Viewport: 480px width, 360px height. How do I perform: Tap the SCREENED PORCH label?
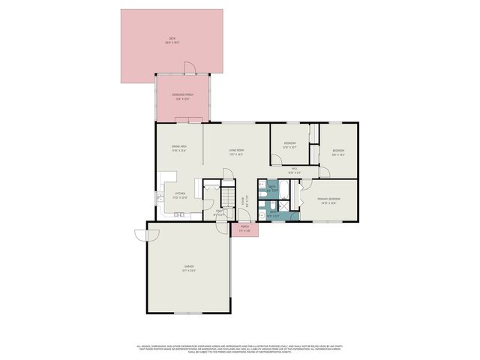click(x=183, y=96)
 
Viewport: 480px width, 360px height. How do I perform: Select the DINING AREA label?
click(x=178, y=148)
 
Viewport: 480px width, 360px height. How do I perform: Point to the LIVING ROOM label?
click(x=238, y=151)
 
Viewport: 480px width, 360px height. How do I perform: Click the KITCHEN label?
click(x=180, y=195)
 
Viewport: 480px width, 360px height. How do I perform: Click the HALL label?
click(x=295, y=169)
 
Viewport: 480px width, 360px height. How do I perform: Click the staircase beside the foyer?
click(x=229, y=196)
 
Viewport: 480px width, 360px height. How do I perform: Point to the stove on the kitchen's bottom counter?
click(x=178, y=215)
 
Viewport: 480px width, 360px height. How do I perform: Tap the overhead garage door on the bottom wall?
click(x=187, y=313)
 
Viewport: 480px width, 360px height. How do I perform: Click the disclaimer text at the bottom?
click(x=239, y=348)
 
